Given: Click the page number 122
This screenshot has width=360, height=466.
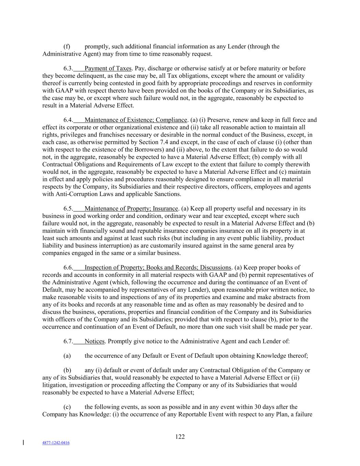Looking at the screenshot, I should tap(180, 437).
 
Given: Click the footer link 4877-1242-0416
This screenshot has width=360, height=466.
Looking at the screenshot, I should tap(56, 443).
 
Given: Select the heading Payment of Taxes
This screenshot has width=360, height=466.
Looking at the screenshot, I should tap(108, 68).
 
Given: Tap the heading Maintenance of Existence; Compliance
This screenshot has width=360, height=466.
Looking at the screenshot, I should tap(136, 120).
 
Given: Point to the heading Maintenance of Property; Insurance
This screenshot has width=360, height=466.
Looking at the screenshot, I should tap(131, 209).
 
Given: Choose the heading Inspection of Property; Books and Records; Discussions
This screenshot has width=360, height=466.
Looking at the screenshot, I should tap(158, 268).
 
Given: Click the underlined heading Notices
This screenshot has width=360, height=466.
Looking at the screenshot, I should tap(95, 341).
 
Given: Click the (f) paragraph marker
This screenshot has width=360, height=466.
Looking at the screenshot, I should tap(67, 46).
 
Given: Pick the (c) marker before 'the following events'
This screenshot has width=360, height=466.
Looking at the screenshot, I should tap(67, 407).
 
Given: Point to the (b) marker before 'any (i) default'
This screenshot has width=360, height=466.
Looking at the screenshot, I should tap(67, 370).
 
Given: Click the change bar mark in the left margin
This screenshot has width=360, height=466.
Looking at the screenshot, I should tap(23, 443).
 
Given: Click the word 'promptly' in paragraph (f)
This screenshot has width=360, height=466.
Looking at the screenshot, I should tap(96, 46).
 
